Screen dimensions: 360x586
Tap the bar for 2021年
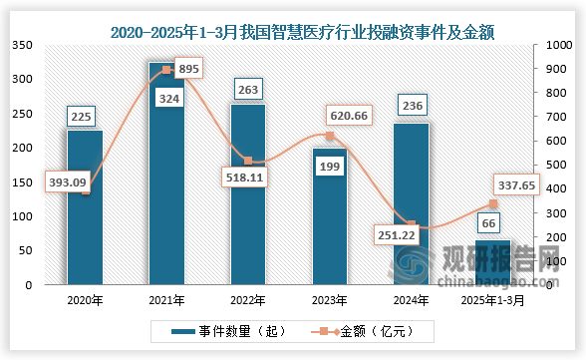pyautogui.click(x=166, y=180)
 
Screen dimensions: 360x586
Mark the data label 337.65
pyautogui.click(x=516, y=183)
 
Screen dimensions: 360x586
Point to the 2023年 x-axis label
pyautogui.click(x=329, y=298)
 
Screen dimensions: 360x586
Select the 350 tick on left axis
pyautogui.click(x=22, y=45)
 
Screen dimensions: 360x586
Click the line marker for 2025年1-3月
pyautogui.click(x=492, y=204)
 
